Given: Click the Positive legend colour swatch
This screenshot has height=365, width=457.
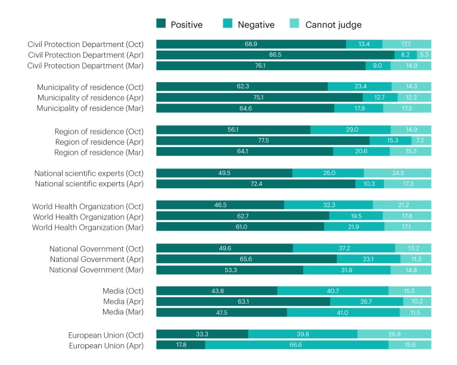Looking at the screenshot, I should [161, 24].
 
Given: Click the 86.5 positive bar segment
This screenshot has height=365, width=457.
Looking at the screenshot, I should [275, 55].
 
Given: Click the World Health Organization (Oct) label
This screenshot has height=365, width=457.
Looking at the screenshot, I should [92, 205].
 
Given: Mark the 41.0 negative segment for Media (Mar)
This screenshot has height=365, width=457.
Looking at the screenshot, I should [343, 313].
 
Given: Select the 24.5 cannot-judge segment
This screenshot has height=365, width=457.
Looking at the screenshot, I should [397, 173].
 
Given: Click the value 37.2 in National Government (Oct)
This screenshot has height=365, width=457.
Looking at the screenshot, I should [344, 248].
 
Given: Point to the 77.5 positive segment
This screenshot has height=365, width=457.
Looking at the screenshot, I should [263, 141].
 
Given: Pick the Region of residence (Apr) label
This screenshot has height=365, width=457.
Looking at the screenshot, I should [104, 141].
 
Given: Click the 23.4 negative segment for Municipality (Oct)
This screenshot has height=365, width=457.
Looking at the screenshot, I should [359, 87].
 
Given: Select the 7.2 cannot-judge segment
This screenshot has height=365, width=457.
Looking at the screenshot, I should [421, 141].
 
